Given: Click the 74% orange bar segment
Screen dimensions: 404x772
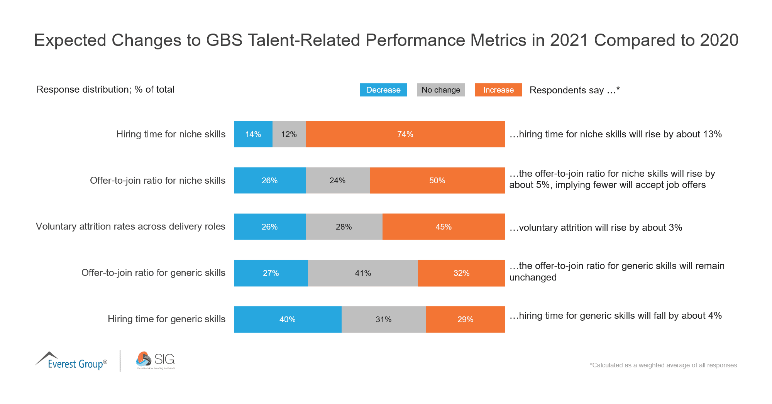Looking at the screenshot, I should coord(405,134).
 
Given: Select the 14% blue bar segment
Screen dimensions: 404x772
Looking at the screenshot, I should coord(253,134).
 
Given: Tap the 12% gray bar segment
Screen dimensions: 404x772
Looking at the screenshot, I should coord(289,134).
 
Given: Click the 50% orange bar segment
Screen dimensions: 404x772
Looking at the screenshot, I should coord(437,181).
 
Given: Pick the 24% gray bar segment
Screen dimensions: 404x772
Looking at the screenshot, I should coord(337,181).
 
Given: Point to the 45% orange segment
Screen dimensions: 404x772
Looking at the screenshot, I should coord(444,227).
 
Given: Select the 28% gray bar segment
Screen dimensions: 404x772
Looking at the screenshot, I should coord(344,227).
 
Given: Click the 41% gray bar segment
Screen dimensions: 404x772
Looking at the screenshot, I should coord(363,273).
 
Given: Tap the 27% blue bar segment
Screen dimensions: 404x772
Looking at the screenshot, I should coord(271,273).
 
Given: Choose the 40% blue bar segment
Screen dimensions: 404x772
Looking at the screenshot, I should coord(287,319).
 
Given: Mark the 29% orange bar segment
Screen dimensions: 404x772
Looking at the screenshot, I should coord(465,319).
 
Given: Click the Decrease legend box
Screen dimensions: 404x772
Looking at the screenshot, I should coord(383,90).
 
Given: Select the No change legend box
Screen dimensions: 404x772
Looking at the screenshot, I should coord(440,90).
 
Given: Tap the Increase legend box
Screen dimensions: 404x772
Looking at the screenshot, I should coord(498,90).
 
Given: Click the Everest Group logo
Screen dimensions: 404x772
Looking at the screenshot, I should coord(71,361).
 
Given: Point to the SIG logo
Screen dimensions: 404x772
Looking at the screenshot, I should coord(155,360).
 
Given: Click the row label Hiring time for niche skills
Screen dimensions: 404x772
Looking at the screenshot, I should coord(171,134).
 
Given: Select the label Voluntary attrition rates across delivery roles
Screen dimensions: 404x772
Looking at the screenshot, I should coord(130,227).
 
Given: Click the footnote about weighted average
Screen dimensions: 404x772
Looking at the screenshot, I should coord(663,365).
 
